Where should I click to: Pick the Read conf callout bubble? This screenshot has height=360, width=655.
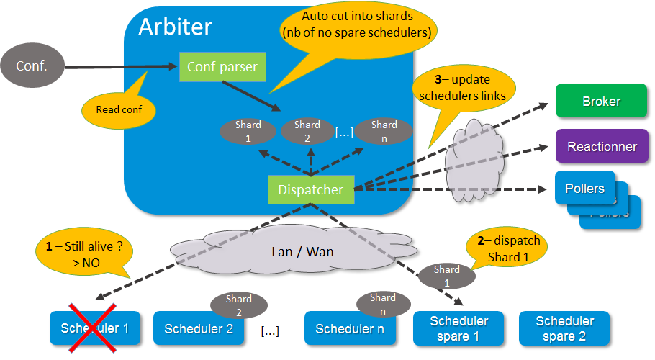pos(118,110)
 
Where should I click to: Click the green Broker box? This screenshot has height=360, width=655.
pos(601,102)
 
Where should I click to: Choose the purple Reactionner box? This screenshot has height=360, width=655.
pos(602,147)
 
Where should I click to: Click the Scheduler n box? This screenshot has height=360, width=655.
pos(350,330)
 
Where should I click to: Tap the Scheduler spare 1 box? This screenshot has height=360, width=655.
pos(458,328)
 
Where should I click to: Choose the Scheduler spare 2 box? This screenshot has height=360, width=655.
pos(564,328)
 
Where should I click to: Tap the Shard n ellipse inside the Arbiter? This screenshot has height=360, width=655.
pos(384,130)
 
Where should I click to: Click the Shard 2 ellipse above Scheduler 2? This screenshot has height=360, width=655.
pos(238,305)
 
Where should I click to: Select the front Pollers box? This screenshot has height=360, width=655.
pos(585,189)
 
